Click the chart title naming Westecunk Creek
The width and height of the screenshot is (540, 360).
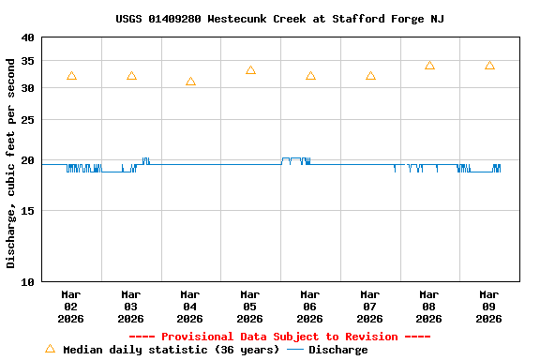click(279, 19)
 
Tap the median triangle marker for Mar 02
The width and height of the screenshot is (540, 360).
click(71, 76)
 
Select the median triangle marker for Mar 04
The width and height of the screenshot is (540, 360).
click(190, 82)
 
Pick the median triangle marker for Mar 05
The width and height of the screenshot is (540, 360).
click(250, 70)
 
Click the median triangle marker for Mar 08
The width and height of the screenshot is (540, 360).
click(429, 66)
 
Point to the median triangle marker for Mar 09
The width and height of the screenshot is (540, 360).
click(489, 66)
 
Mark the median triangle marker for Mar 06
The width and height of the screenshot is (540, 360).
click(310, 76)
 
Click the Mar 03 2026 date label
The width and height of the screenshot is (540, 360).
click(131, 307)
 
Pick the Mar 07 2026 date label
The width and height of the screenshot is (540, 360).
click(369, 307)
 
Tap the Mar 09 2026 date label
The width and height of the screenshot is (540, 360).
click(489, 307)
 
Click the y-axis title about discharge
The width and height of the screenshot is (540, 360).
click(11, 163)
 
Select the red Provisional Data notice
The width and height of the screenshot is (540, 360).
click(279, 337)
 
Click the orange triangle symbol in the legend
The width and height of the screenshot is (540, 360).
click(50, 349)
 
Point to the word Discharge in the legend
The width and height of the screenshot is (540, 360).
click(337, 350)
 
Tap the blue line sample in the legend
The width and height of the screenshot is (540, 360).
click(295, 350)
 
